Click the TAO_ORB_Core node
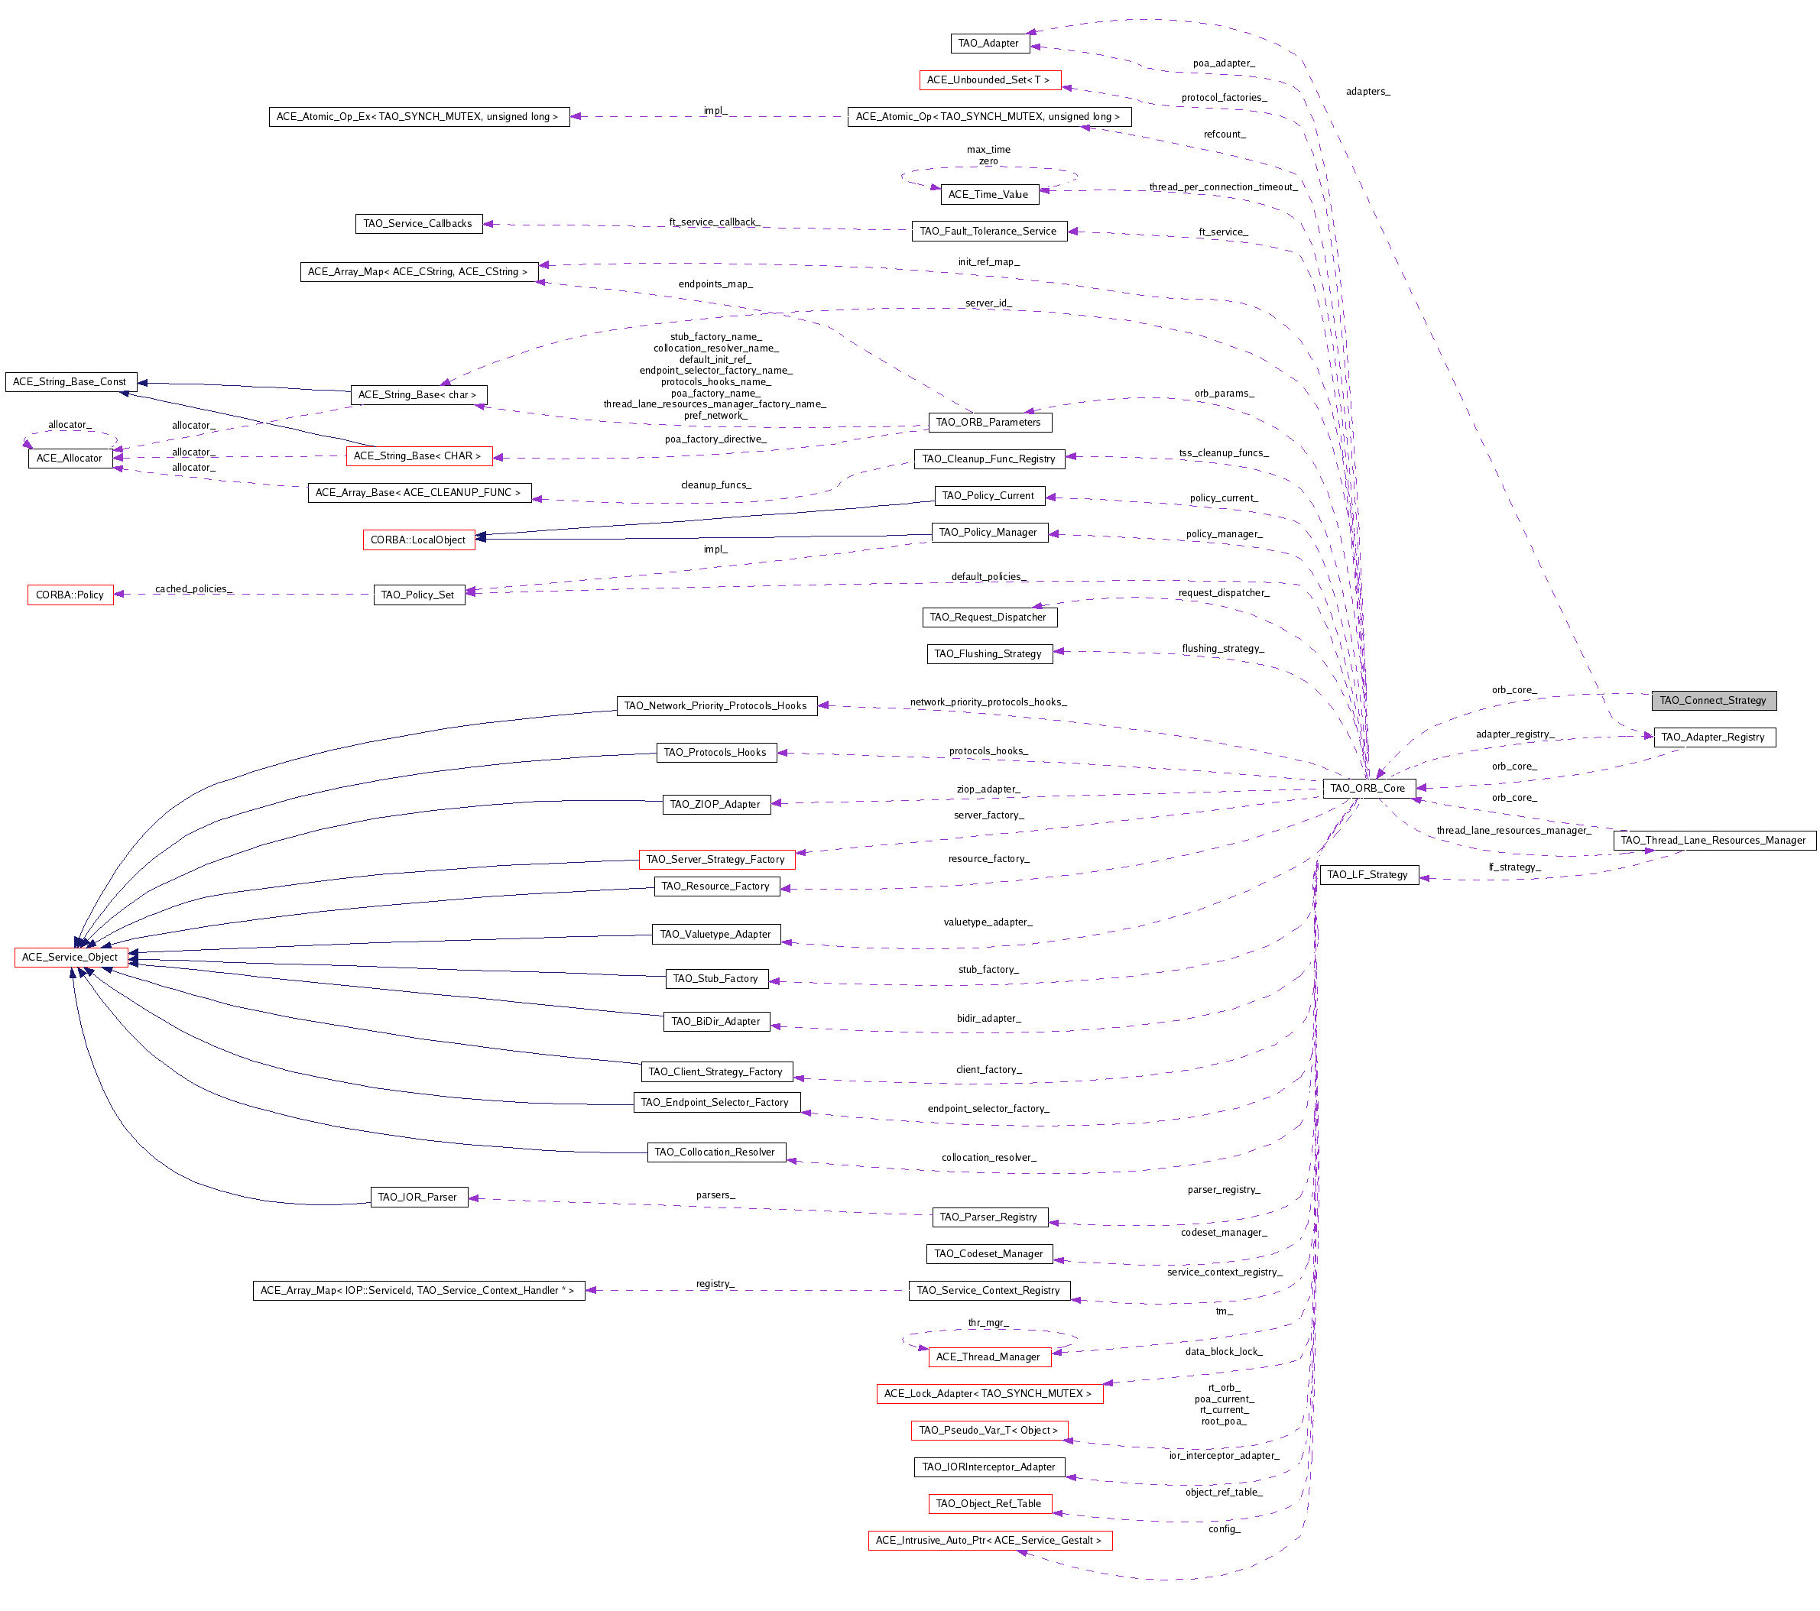click(1367, 788)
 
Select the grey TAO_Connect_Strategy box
click(1713, 701)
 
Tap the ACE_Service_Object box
click(70, 957)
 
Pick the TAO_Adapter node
click(988, 43)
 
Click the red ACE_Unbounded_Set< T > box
click(989, 79)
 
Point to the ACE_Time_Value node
click(988, 194)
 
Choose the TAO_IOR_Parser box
click(417, 1196)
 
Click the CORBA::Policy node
click(70, 595)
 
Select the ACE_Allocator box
click(70, 458)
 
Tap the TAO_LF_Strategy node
click(1368, 874)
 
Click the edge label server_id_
click(988, 303)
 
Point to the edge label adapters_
click(1367, 91)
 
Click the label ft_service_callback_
click(715, 222)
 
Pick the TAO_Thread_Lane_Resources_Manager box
click(1713, 839)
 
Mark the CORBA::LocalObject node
click(418, 540)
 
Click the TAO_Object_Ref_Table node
click(989, 1503)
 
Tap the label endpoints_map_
click(715, 284)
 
